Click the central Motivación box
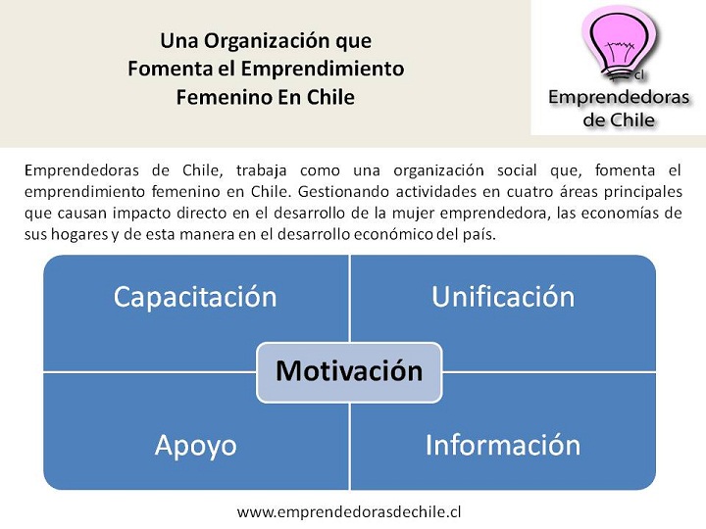349,372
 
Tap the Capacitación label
195,297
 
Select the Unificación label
503,297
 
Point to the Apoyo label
196,446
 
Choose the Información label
503,445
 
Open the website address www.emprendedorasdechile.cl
349,511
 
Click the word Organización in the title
267,41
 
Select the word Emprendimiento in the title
323,69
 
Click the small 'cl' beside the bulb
639,75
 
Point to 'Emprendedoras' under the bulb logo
619,98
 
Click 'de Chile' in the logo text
619,120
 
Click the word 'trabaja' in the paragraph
262,170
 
